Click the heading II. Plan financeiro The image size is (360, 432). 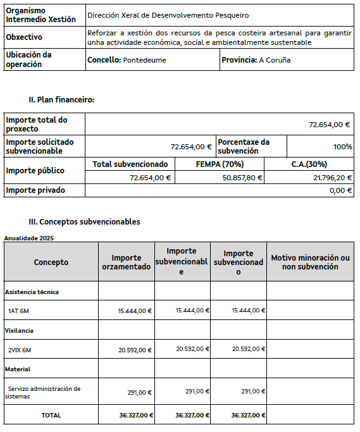point(61,99)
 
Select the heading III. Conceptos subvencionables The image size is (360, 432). point(85,222)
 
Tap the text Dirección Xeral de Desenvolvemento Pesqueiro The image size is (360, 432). point(168,15)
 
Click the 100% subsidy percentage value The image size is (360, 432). point(342,147)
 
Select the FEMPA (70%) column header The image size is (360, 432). point(220,164)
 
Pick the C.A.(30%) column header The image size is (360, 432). point(309,164)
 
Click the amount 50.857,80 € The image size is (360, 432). point(239,178)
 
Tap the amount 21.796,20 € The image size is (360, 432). point(330,178)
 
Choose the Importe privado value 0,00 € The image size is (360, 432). point(340,190)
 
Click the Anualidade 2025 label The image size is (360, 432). point(28,238)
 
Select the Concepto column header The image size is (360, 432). point(51,262)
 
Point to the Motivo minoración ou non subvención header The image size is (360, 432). point(310,262)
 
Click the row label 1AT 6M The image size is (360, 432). point(19,311)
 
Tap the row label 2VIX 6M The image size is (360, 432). point(20,350)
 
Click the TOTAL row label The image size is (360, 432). point(51,415)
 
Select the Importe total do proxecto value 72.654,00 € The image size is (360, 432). point(329,125)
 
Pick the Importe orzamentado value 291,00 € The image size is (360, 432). point(139,392)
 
